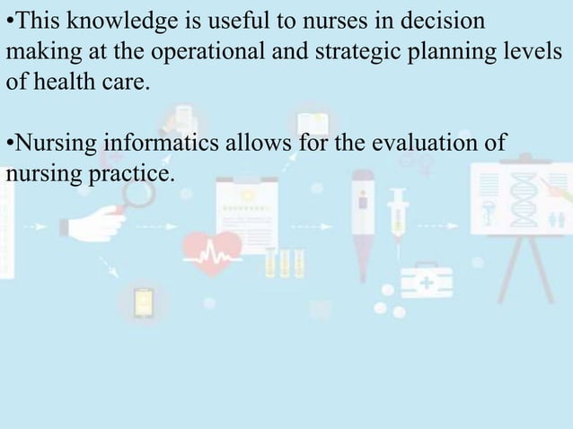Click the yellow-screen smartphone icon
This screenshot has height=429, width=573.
point(143,303)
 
